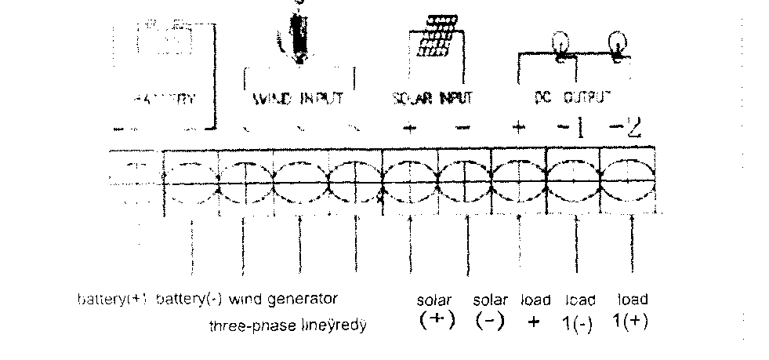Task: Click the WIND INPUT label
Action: (x=298, y=100)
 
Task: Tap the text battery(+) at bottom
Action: (x=113, y=300)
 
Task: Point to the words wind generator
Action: (x=290, y=300)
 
